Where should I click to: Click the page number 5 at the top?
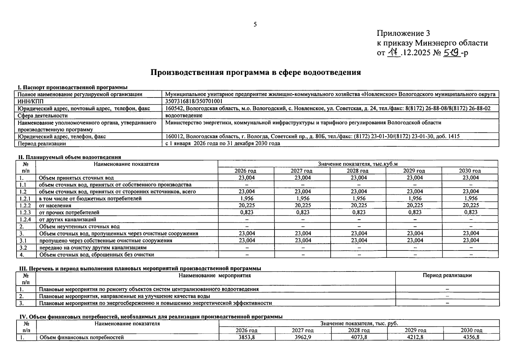[255, 25]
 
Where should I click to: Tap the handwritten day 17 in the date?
[394, 53]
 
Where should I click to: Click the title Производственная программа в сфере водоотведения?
[255, 72]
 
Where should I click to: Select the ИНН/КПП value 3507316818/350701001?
[194, 101]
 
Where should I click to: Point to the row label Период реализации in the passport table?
[42, 143]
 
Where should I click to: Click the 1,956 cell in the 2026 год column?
[247, 199]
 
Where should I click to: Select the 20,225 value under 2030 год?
[470, 205]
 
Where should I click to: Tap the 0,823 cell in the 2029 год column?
[415, 212]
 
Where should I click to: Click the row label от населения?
[55, 206]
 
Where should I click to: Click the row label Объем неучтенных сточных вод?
[79, 226]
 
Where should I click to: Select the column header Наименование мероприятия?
[215, 275]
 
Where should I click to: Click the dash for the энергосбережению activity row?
[447, 303]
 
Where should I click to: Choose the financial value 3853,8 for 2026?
[247, 337]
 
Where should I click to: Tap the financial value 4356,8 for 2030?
[471, 337]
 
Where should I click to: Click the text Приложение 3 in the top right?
[403, 33]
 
